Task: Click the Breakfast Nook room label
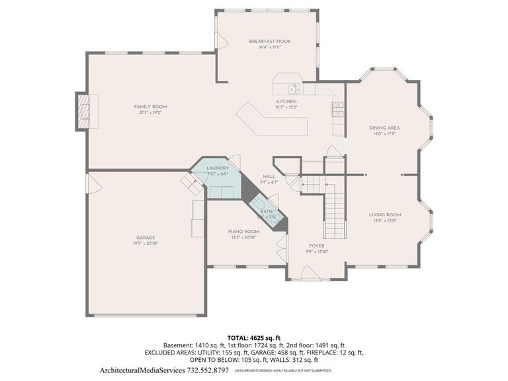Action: tap(269, 41)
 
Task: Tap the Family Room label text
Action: tap(150, 106)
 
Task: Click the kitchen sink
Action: tap(293, 89)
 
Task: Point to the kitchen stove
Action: tap(338, 109)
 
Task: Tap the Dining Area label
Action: tap(384, 128)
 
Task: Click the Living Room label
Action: tap(385, 214)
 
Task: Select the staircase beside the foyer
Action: tap(335, 205)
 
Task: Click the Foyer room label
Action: tap(316, 245)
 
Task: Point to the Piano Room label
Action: tap(243, 232)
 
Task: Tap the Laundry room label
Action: tap(217, 169)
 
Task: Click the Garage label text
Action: tap(146, 237)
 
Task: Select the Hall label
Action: tap(269, 177)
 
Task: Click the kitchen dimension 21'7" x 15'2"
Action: tap(291, 107)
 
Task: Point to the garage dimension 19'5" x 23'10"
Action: tap(146, 243)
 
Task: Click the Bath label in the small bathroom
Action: tap(266, 211)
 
